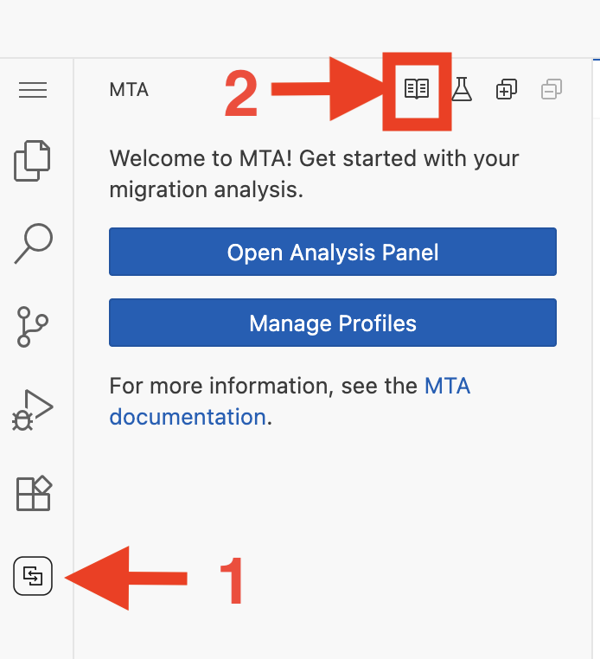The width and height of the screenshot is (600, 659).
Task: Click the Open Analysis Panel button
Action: [x=333, y=252]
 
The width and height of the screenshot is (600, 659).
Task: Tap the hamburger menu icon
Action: [x=33, y=90]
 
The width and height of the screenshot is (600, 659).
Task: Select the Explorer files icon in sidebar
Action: [x=33, y=161]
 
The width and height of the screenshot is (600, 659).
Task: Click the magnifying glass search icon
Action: [x=33, y=244]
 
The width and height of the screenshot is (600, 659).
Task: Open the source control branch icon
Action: [x=33, y=326]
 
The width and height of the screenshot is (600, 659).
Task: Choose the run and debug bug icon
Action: [x=33, y=409]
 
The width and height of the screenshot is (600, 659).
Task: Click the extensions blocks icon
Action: [x=34, y=493]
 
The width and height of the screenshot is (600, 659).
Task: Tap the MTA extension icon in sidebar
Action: [x=33, y=576]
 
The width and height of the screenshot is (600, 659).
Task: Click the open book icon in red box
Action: [x=417, y=89]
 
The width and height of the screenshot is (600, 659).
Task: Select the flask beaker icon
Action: [x=462, y=89]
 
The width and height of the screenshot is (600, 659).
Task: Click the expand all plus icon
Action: [x=507, y=89]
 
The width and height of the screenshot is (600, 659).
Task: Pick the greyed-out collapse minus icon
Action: [x=551, y=89]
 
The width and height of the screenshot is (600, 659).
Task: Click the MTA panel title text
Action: [x=129, y=90]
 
